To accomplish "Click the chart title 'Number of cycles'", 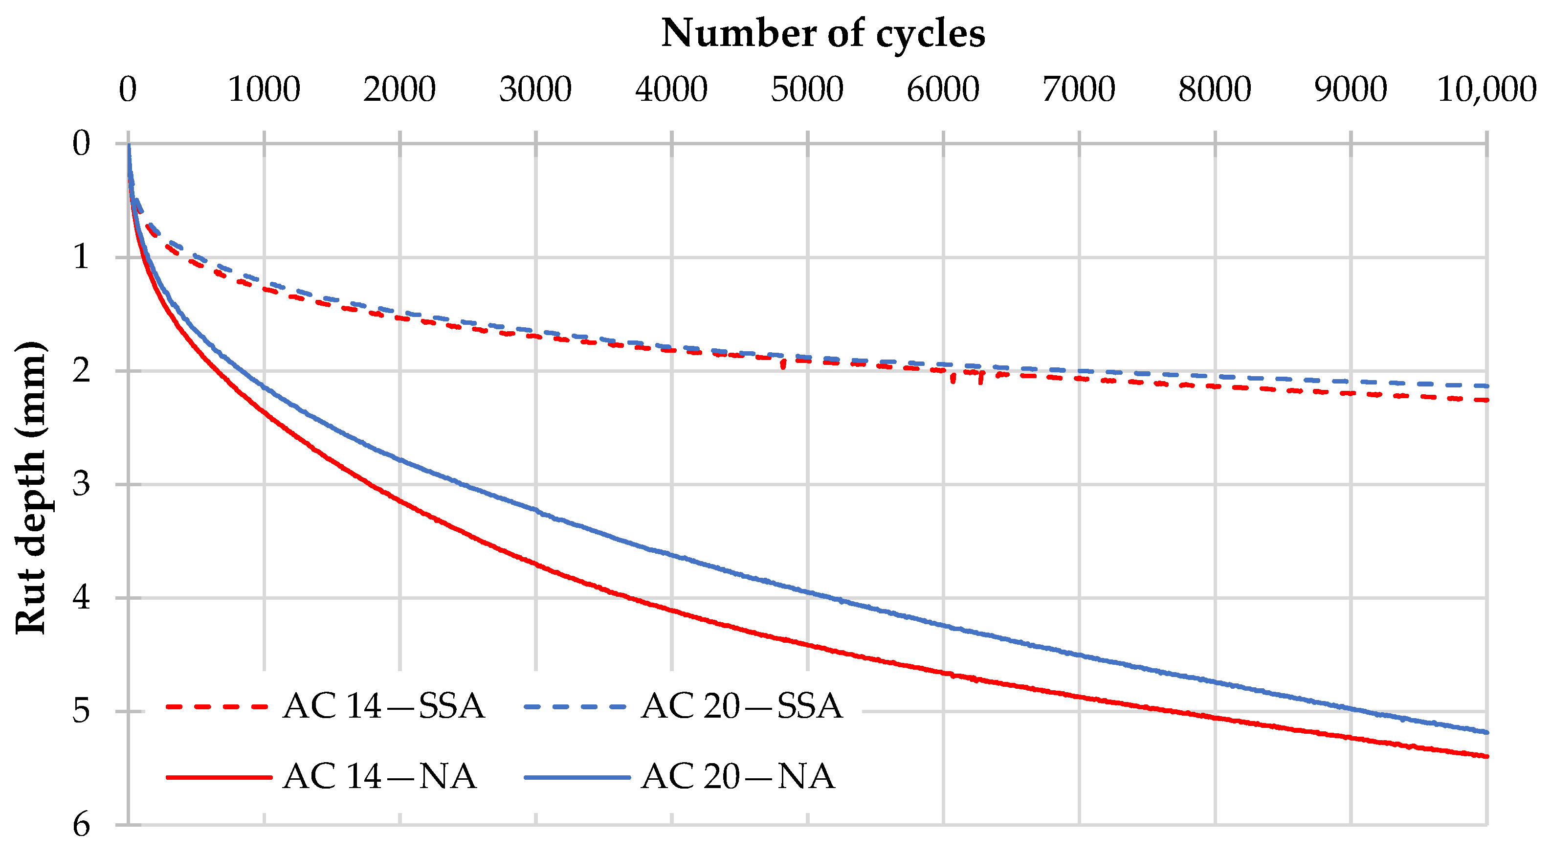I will (822, 33).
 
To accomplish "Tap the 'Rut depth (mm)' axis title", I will (30, 488).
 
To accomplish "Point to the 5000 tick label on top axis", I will (807, 90).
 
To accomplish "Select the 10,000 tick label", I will (1486, 90).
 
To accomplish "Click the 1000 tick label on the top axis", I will (264, 90).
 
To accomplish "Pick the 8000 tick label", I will (1215, 90).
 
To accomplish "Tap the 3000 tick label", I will (535, 90).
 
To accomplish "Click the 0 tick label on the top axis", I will (128, 90).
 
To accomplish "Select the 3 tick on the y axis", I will (81, 484).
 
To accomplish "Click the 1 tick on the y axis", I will (81, 257).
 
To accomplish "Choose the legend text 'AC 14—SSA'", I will (383, 706).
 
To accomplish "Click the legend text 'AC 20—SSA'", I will (742, 706).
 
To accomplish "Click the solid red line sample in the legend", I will (219, 778).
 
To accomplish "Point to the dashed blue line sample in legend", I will (576, 706).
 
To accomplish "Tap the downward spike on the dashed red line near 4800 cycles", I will (783, 365).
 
